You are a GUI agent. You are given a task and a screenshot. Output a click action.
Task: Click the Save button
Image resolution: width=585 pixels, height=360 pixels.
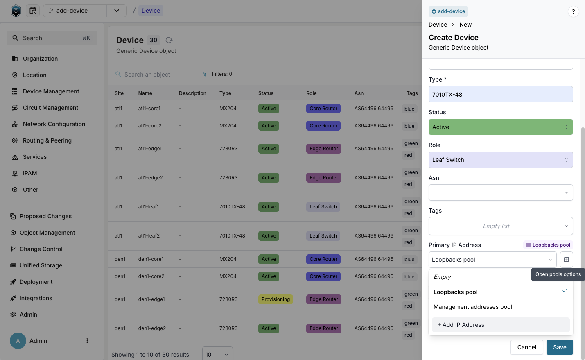click(x=559, y=347)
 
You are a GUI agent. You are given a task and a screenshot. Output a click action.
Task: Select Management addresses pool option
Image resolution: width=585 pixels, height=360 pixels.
click(x=472, y=307)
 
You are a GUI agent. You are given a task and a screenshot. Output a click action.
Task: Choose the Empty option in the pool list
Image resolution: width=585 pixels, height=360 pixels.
click(x=442, y=277)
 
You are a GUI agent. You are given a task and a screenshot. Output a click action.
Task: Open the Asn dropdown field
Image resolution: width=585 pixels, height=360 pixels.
click(x=500, y=192)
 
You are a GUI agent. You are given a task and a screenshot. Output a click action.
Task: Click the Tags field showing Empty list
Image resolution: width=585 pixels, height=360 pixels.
click(x=500, y=226)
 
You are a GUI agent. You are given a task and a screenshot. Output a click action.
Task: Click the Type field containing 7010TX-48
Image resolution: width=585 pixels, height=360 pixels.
click(x=500, y=95)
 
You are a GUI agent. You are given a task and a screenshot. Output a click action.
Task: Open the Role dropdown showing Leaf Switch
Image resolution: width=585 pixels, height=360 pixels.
click(x=500, y=160)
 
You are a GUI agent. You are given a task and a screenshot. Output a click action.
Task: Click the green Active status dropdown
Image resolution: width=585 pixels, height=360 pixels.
click(x=500, y=127)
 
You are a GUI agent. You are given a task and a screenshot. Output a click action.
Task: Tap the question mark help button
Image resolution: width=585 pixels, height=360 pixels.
click(x=573, y=11)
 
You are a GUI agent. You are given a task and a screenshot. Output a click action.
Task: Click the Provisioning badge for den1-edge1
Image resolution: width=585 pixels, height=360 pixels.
click(x=276, y=299)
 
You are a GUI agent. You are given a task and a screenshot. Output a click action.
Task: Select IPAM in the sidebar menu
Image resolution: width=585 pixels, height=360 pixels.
click(x=30, y=173)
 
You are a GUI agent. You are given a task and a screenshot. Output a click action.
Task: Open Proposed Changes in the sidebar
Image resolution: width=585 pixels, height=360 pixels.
click(x=45, y=216)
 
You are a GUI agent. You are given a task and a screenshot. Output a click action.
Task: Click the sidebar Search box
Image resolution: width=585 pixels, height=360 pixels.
click(x=52, y=38)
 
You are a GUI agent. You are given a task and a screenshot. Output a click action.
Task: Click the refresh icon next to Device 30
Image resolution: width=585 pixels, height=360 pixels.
click(x=169, y=40)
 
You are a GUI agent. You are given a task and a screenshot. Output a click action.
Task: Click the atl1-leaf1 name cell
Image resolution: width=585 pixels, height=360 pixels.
click(x=149, y=207)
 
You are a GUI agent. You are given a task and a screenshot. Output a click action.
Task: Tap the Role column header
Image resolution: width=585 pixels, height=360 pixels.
click(x=311, y=93)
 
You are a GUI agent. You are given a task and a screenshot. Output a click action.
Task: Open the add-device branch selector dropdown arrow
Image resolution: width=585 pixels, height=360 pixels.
click(x=117, y=11)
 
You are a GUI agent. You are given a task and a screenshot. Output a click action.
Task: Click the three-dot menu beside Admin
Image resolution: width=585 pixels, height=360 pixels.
click(x=87, y=341)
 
